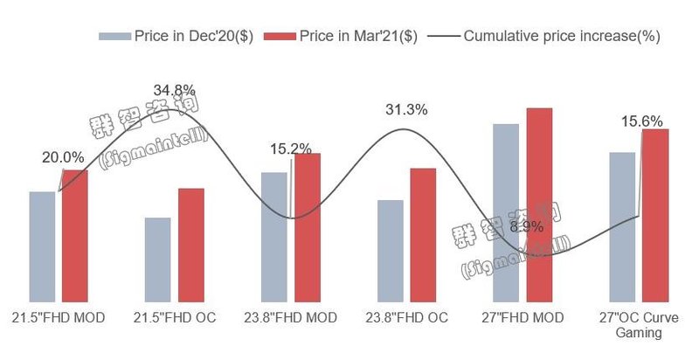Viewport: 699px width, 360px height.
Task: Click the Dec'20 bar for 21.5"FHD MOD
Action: (42, 247)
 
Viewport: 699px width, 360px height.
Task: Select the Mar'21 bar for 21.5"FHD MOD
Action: (75, 236)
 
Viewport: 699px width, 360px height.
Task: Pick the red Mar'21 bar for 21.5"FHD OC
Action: (190, 246)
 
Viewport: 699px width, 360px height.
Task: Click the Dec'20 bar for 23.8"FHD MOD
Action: (274, 238)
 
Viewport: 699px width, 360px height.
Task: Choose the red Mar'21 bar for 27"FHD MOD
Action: (539, 205)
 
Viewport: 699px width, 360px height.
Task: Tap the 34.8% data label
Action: (175, 90)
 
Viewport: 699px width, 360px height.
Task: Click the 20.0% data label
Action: (63, 158)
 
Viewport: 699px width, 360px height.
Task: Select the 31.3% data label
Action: (406, 110)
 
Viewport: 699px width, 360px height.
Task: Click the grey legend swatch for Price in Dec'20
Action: (114, 37)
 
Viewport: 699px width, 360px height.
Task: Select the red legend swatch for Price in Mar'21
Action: (280, 37)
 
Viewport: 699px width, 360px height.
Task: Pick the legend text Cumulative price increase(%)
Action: (562, 37)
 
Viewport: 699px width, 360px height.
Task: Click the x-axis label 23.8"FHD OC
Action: (407, 317)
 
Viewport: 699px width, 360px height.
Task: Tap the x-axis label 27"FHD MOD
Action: (523, 317)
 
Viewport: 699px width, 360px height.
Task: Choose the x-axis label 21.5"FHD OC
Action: (175, 317)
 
